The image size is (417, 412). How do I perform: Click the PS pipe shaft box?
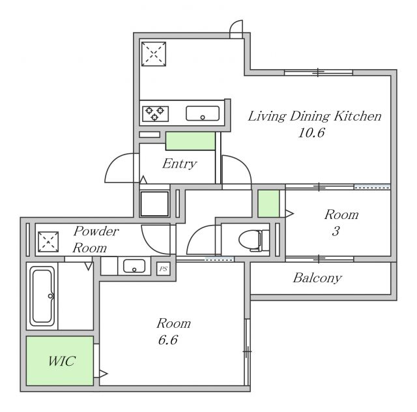pyautogui.click(x=164, y=269)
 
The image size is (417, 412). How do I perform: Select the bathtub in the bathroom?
pyautogui.click(x=42, y=296)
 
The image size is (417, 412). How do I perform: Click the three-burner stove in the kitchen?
pyautogui.click(x=155, y=113)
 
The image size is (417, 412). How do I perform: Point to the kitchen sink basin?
pyautogui.click(x=203, y=113)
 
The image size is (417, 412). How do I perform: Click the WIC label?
pyautogui.click(x=62, y=361)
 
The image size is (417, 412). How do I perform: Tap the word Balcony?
pyautogui.click(x=317, y=278)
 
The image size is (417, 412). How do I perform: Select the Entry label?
pyautogui.click(x=180, y=164)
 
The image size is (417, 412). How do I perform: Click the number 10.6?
pyautogui.click(x=311, y=132)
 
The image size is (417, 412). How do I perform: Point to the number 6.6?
pyautogui.click(x=168, y=340)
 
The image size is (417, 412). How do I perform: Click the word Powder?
pyautogui.click(x=96, y=231)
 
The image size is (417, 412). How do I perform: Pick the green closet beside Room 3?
pyautogui.click(x=268, y=203)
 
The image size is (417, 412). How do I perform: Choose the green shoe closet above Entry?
pyautogui.click(x=190, y=141)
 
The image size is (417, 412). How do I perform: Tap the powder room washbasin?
pyautogui.click(x=134, y=266)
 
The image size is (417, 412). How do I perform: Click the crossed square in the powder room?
pyautogui.click(x=48, y=242)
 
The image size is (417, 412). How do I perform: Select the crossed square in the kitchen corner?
pyautogui.click(x=154, y=54)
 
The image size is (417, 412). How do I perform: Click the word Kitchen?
pyautogui.click(x=357, y=116)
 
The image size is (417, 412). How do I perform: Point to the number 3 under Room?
pyautogui.click(x=336, y=231)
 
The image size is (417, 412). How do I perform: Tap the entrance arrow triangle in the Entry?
pyautogui.click(x=143, y=180)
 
